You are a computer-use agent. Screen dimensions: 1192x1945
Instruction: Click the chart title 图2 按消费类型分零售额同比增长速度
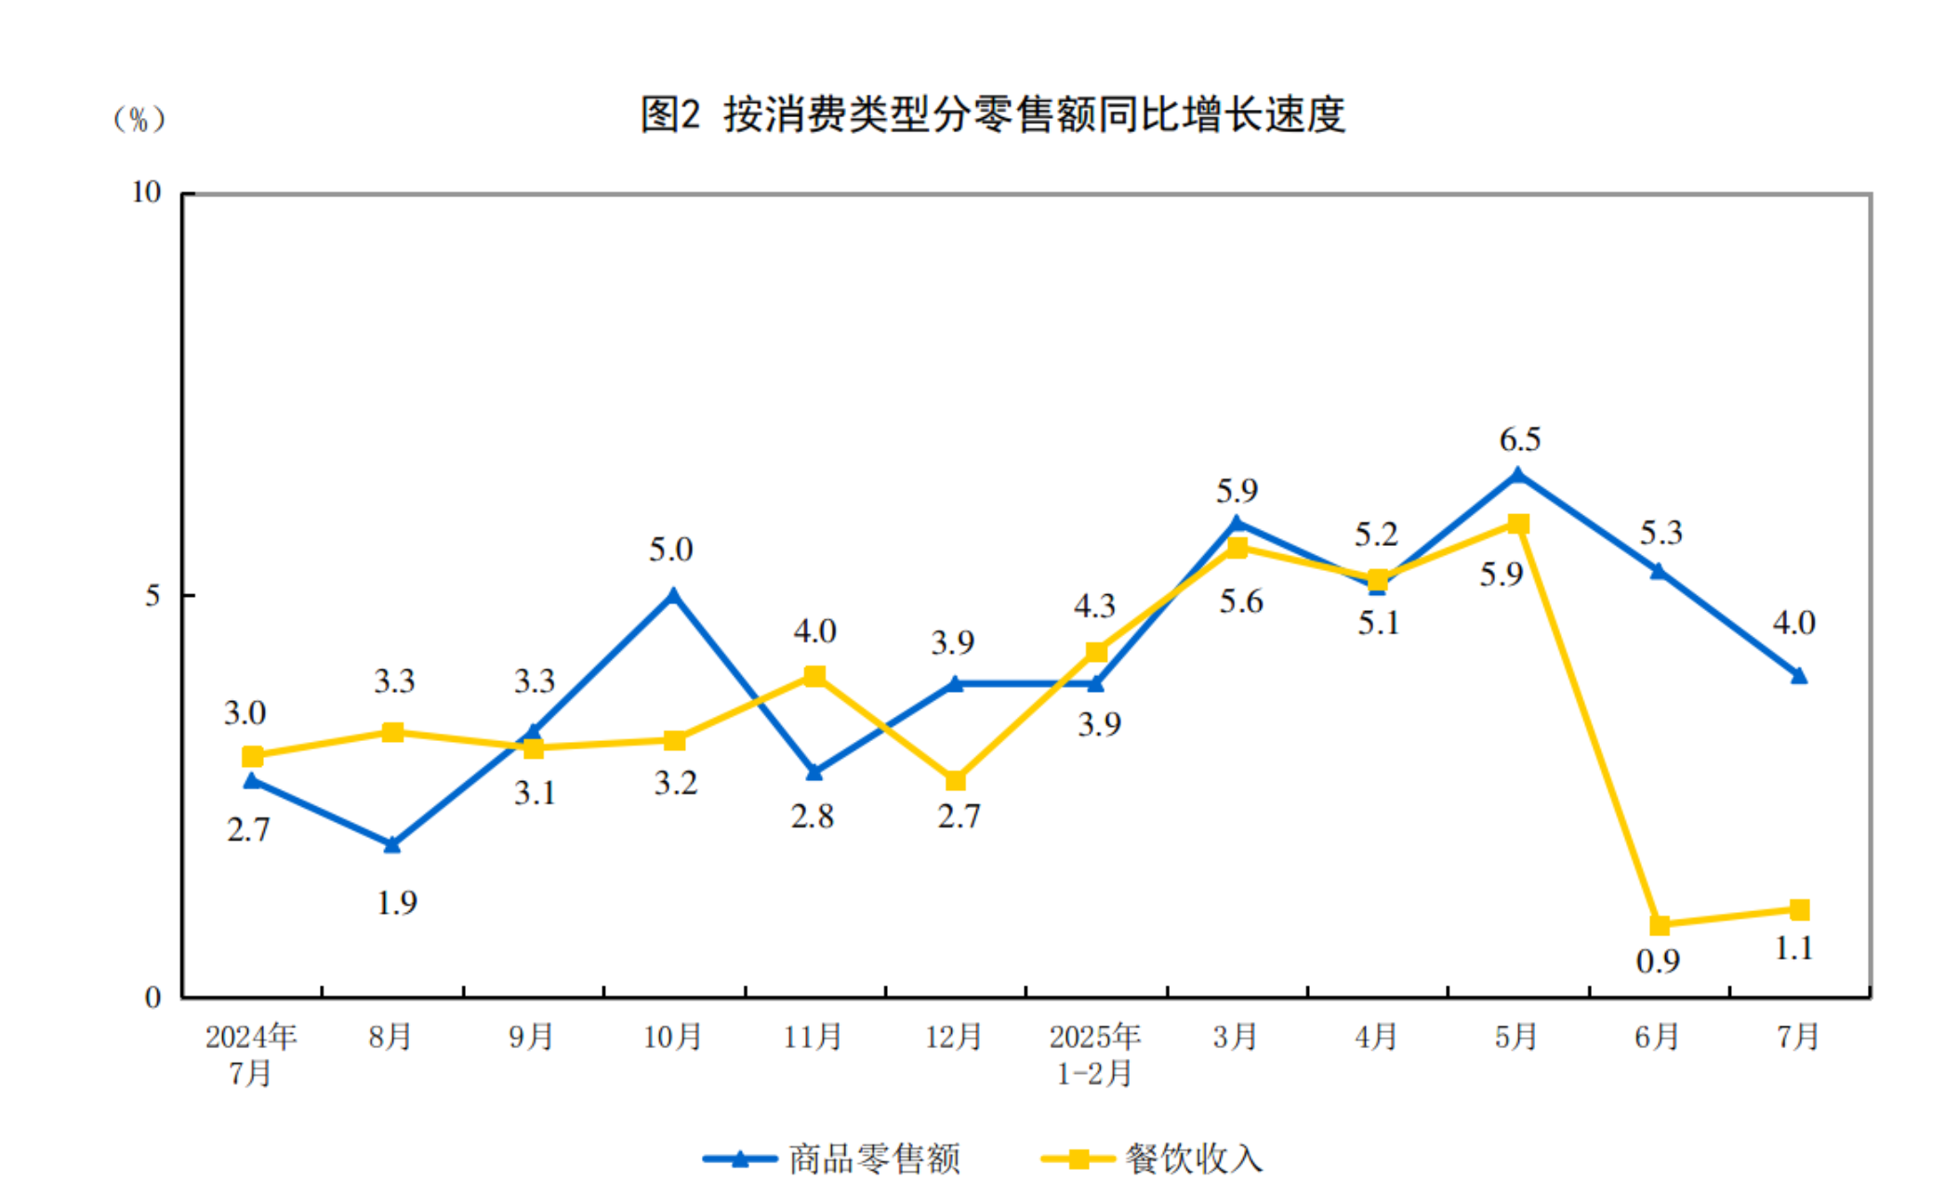[993, 115]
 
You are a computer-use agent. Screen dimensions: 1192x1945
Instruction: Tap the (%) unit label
[139, 119]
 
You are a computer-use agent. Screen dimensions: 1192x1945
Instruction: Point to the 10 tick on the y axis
[147, 192]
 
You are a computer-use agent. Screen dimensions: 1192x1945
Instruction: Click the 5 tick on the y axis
[153, 595]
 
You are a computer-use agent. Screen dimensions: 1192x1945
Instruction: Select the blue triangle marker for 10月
[674, 595]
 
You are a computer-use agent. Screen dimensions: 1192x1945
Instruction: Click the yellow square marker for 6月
[1660, 925]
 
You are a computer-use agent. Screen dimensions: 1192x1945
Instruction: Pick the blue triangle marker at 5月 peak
[1518, 475]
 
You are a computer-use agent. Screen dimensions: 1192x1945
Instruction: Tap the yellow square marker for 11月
[814, 676]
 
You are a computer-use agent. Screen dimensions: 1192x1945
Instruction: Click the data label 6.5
[1520, 439]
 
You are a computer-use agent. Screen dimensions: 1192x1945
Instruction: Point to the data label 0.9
[1658, 961]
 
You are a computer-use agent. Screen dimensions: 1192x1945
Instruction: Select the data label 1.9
[397, 903]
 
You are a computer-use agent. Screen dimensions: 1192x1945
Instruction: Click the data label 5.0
[670, 550]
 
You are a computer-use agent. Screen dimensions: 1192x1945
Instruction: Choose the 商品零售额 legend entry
[832, 1159]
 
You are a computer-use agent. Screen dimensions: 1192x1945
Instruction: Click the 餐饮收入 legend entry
[1153, 1159]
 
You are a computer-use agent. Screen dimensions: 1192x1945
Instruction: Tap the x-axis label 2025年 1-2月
[1094, 1054]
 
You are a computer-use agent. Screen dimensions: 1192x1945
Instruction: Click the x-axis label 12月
[954, 1037]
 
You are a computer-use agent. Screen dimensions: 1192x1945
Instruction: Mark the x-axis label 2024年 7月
[250, 1054]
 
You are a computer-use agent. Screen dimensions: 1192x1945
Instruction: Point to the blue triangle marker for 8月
[392, 844]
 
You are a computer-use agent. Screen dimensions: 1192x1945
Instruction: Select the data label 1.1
[1794, 948]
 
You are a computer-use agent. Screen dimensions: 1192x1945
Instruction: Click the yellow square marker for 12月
[955, 780]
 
